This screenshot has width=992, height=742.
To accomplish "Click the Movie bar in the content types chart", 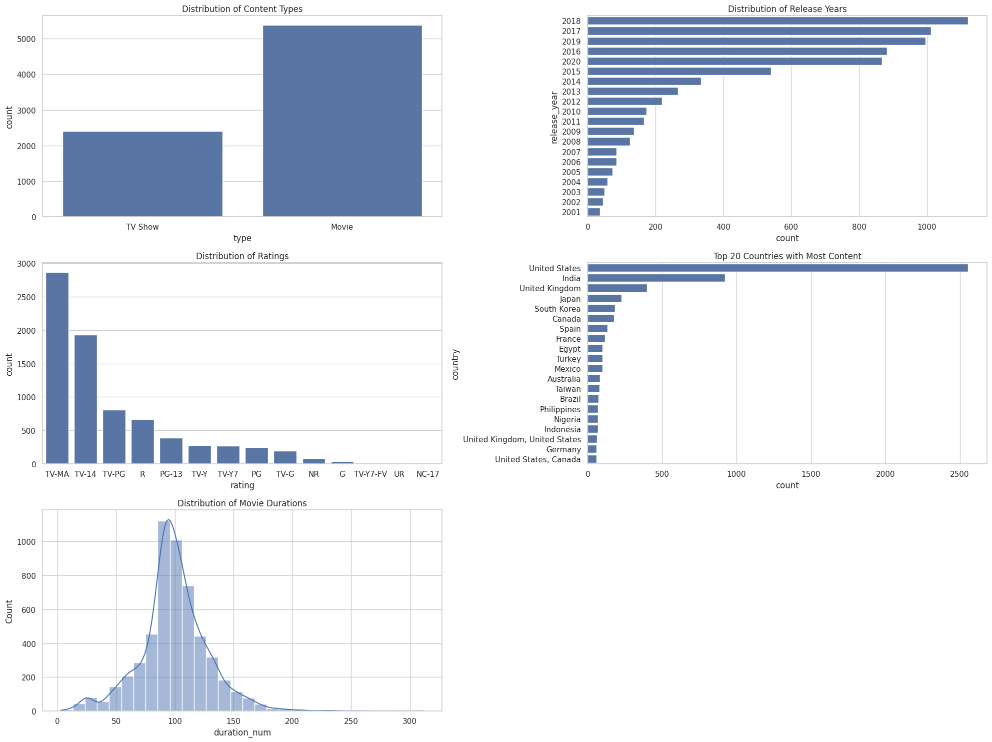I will tap(342, 121).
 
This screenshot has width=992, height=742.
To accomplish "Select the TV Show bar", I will tap(142, 174).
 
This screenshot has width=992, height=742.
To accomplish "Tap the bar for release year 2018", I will tap(777, 21).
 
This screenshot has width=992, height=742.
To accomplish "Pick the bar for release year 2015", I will tap(679, 72).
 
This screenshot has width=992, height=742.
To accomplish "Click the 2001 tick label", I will tap(571, 213).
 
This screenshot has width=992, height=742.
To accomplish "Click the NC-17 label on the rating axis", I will tap(427, 474).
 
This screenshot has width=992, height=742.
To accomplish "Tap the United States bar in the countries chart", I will tap(777, 268).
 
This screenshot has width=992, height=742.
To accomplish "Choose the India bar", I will tap(656, 278).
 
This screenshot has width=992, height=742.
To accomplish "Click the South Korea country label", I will tap(557, 309).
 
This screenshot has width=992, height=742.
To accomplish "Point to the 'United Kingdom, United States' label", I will tap(521, 440).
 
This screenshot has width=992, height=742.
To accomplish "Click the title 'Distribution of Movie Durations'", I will tap(242, 503).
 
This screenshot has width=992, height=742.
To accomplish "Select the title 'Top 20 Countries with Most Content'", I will tap(787, 257).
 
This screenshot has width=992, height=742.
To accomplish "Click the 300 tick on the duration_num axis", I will tap(409, 721).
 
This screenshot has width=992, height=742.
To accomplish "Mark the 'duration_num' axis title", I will tap(242, 733).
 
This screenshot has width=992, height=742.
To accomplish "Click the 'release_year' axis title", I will tap(554, 117).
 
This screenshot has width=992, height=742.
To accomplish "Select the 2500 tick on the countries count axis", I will tap(959, 474).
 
